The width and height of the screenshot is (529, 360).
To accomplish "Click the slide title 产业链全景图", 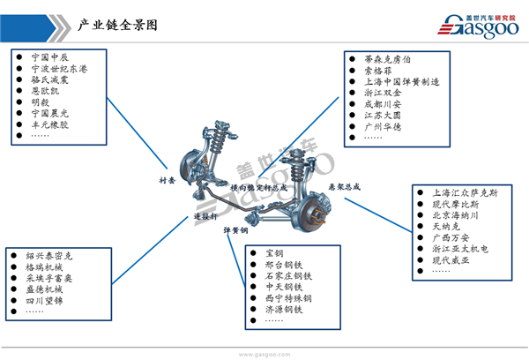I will [116, 26].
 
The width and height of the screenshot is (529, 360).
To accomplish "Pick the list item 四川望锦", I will [48, 300].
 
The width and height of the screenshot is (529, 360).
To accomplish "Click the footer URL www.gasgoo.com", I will [264, 353].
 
